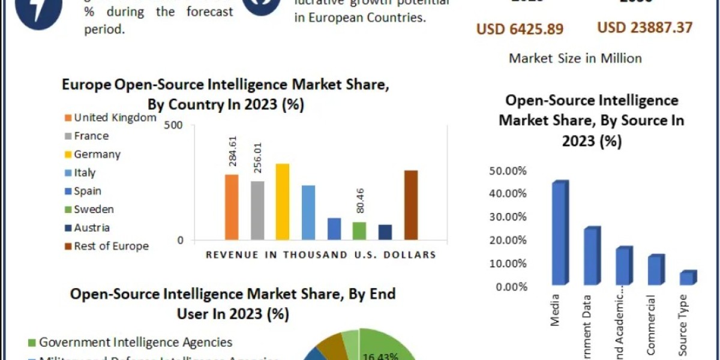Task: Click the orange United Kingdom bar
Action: click(232, 207)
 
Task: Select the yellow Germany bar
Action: click(283, 202)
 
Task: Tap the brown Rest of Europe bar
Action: click(411, 205)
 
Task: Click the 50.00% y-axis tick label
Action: click(508, 171)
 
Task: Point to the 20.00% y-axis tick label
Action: click(508, 241)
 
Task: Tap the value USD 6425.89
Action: click(520, 28)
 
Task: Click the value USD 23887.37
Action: click(644, 27)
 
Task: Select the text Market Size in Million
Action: click(575, 58)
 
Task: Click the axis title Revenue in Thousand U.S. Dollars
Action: click(320, 255)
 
